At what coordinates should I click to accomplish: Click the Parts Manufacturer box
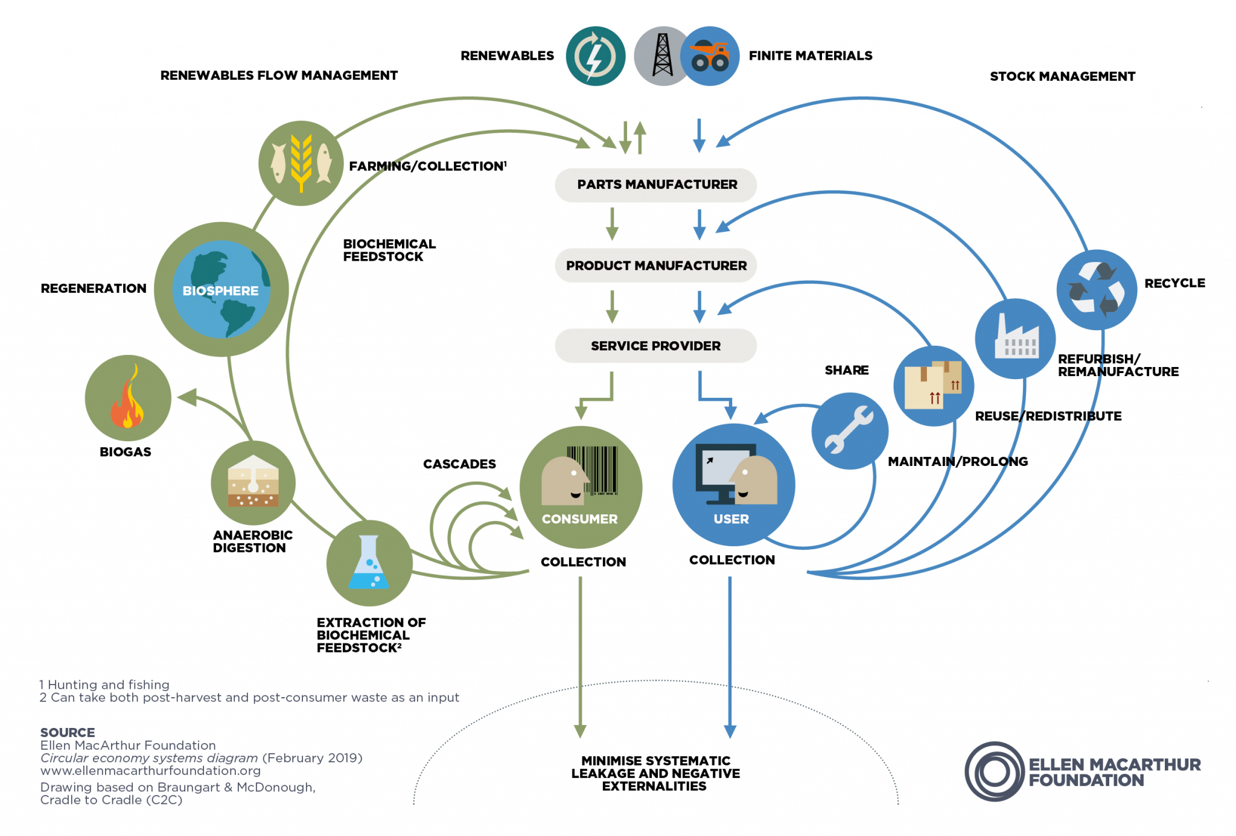(x=655, y=185)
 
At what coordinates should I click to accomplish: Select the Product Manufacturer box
(x=655, y=266)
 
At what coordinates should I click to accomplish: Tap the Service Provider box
(x=655, y=346)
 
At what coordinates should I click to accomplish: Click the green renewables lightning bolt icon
(x=595, y=56)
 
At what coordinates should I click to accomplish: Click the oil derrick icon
(x=662, y=56)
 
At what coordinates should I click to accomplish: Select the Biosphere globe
(x=221, y=289)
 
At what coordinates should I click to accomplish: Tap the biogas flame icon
(x=127, y=398)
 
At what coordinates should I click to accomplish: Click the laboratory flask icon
(x=369, y=563)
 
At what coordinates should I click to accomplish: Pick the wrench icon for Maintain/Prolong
(x=849, y=430)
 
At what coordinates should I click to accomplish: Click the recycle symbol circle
(x=1096, y=289)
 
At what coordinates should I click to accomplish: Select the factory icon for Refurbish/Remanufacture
(x=1016, y=339)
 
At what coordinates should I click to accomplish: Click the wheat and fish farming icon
(x=301, y=163)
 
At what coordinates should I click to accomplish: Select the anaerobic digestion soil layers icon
(x=253, y=483)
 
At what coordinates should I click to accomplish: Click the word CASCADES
(x=459, y=464)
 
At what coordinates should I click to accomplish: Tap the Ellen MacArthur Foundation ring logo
(x=994, y=771)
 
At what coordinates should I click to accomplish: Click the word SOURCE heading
(x=68, y=732)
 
